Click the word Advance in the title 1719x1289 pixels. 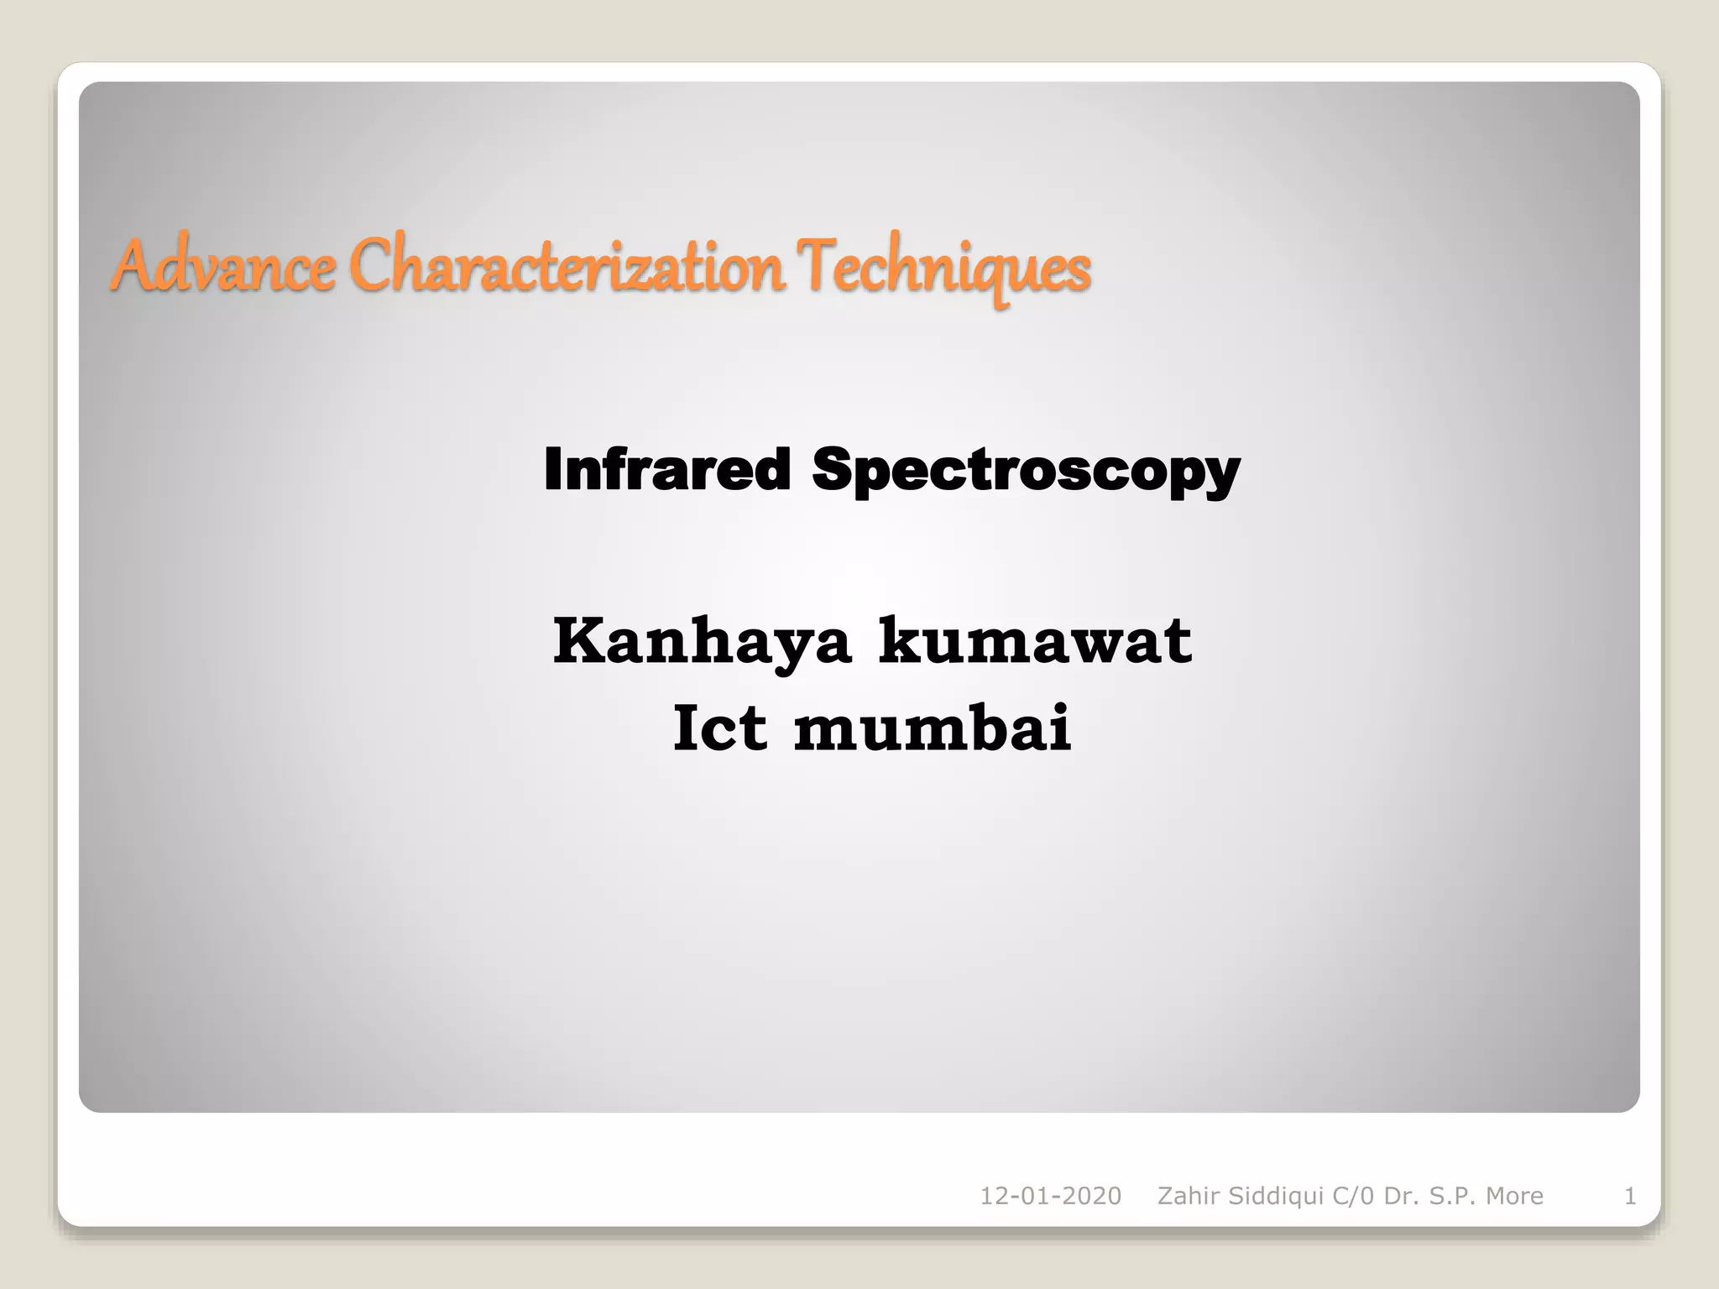[222, 267]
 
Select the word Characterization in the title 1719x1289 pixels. [567, 267]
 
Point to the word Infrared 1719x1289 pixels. [667, 469]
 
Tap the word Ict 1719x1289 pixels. [719, 728]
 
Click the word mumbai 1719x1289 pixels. [933, 728]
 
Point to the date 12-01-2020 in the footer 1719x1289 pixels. [1050, 1196]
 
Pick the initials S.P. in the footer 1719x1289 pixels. [1454, 1196]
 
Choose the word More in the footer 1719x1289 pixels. [1515, 1196]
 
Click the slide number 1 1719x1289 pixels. [1630, 1196]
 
